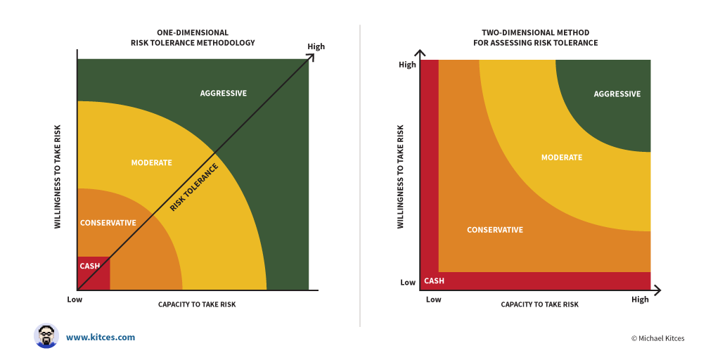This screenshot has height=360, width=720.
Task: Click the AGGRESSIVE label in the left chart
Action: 224,94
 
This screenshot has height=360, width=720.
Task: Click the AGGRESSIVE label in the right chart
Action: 617,94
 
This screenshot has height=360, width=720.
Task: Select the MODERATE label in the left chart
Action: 151,163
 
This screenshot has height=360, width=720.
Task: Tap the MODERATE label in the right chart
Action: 562,157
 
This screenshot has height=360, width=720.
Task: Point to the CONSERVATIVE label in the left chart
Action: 108,223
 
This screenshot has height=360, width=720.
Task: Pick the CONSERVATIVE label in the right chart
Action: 495,230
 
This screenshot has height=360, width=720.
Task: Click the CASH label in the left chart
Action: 90,266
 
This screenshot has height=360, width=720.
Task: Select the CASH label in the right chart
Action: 434,281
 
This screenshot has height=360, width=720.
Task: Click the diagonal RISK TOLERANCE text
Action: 194,188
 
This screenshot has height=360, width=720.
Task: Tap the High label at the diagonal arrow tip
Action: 316,47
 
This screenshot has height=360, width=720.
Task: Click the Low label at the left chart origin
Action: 75,299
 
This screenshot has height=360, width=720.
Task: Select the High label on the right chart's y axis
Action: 408,65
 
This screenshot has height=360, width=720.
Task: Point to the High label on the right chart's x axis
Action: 640,300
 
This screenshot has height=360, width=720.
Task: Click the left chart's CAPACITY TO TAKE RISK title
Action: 197,304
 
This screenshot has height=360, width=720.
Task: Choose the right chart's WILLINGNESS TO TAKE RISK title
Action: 401,176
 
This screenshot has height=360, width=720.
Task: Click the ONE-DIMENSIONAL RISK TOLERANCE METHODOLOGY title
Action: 193,38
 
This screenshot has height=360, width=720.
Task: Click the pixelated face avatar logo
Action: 46,336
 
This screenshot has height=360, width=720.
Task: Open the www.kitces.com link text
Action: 101,337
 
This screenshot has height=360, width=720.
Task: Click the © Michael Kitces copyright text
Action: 657,338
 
